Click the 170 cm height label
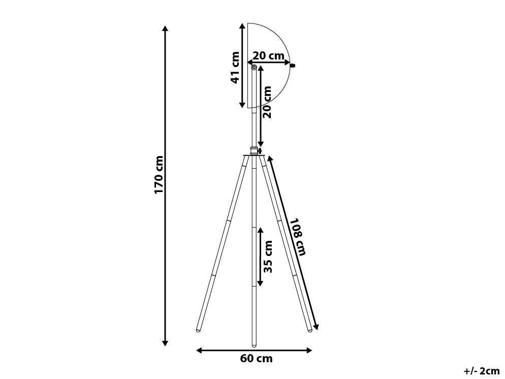click(159, 175)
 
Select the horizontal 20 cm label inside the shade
click(268, 55)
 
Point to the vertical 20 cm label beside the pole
click(267, 102)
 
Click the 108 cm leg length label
click(297, 237)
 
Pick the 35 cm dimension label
click(268, 257)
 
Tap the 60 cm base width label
click(257, 358)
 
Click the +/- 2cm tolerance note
click(482, 371)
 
